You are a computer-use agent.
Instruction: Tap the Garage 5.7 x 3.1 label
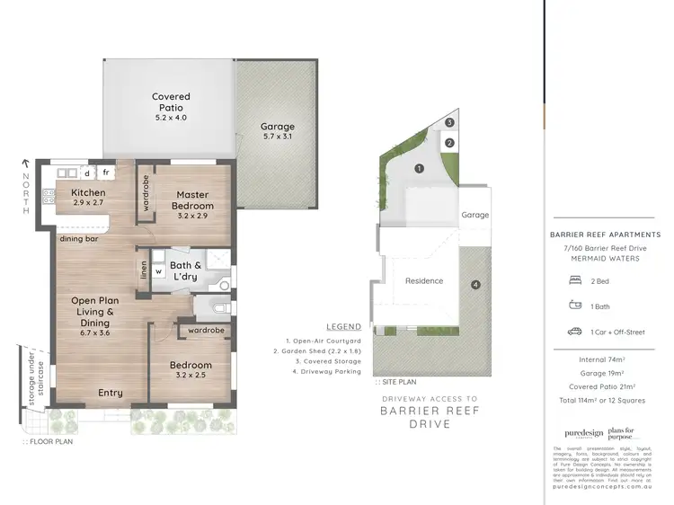coord(278,132)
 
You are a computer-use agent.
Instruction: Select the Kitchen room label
coord(89,198)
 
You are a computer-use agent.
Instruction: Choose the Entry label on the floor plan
coord(111,393)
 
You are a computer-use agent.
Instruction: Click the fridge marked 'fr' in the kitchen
coord(106,172)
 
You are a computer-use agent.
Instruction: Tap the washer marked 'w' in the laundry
coord(158,270)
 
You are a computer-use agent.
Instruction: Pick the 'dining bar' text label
coord(79,239)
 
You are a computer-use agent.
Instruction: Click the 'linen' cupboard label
coord(143,270)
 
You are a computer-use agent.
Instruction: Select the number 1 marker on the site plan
coord(419,168)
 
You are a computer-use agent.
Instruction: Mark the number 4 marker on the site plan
coord(475,286)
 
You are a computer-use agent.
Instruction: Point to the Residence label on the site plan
coord(423,280)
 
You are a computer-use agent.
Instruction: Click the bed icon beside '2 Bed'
coord(575,280)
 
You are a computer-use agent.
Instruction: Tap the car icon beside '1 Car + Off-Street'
coord(575,332)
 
